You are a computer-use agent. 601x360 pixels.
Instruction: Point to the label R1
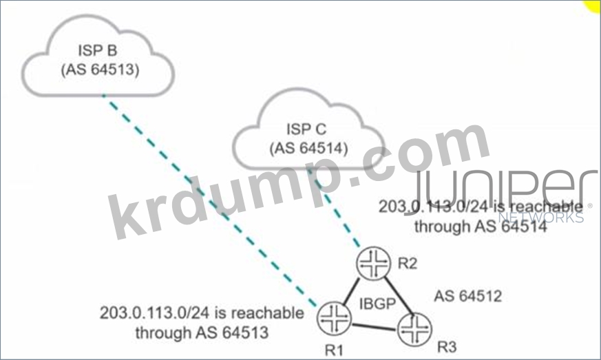click(335, 349)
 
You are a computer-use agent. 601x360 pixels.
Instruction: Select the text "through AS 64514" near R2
click(480, 226)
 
